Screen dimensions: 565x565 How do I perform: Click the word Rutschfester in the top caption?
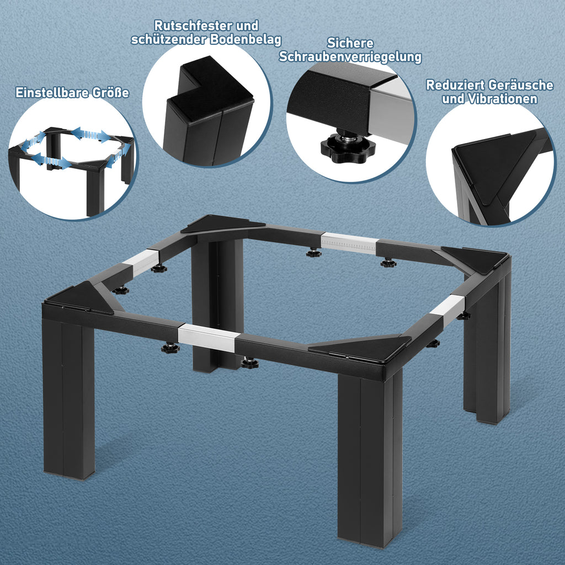click(x=193, y=25)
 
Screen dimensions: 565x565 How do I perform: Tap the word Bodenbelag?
click(x=246, y=39)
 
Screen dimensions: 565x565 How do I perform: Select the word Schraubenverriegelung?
click(x=350, y=57)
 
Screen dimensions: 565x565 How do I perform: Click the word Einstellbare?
click(x=52, y=93)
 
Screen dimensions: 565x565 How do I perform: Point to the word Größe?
click(x=110, y=93)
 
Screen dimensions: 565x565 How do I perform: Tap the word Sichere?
click(x=350, y=43)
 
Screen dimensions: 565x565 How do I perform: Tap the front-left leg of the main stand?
click(x=68, y=398)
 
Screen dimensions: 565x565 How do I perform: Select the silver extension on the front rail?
click(x=208, y=337)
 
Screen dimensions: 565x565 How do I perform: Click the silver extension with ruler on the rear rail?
click(x=349, y=243)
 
